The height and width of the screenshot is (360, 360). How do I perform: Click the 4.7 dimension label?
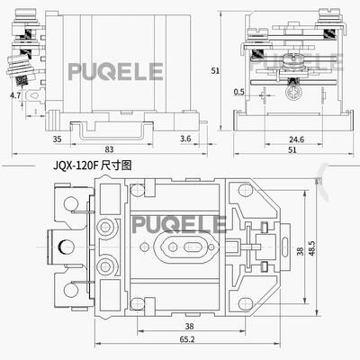point(15,94)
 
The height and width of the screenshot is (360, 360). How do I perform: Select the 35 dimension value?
point(56,139)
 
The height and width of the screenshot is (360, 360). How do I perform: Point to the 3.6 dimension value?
point(185,139)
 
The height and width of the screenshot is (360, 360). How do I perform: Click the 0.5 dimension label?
point(238,92)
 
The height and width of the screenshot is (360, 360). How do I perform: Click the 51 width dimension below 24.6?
point(292,151)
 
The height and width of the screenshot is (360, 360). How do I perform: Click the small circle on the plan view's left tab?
point(60,247)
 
